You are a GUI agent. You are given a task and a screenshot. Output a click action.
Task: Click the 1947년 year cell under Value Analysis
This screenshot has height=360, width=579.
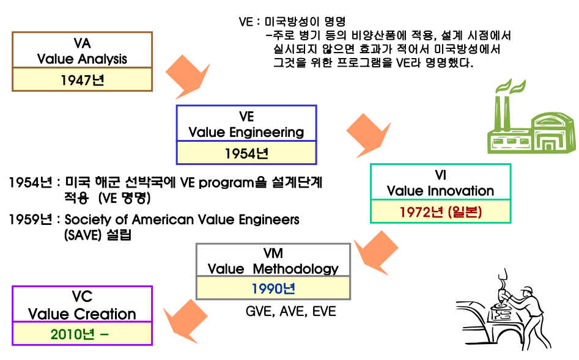point(83,79)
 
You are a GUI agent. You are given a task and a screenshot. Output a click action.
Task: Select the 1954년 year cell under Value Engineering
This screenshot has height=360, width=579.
point(246,153)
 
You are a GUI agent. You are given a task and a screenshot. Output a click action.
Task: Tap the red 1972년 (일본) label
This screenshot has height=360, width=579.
point(440,212)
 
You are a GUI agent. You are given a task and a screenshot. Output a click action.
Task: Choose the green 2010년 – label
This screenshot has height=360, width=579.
point(82,334)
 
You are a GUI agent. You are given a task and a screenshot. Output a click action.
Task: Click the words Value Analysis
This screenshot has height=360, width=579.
point(82,59)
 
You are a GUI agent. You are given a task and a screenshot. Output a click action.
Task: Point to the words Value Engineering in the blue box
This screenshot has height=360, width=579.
point(246,132)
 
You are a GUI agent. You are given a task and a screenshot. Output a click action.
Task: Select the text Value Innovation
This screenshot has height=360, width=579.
point(440,191)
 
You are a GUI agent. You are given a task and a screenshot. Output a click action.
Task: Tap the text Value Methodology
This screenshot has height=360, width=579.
point(273,268)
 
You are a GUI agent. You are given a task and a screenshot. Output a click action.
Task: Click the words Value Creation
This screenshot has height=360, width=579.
point(82,314)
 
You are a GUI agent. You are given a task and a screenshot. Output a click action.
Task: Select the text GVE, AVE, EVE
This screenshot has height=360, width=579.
point(290,311)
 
